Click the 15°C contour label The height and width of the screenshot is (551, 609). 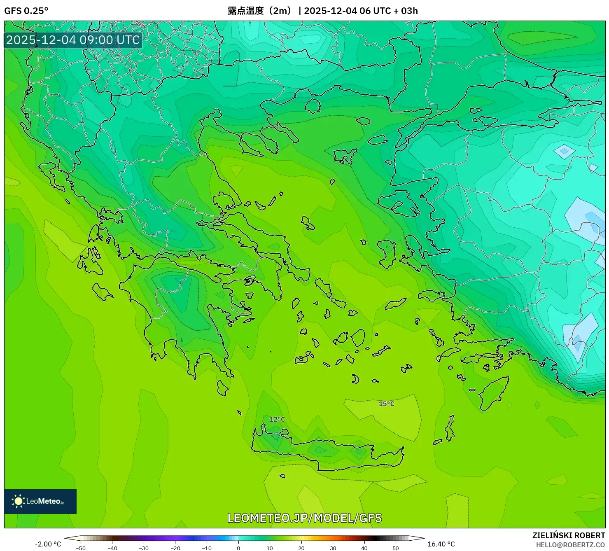[x=386, y=404]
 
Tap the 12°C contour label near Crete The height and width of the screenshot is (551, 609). [x=277, y=419]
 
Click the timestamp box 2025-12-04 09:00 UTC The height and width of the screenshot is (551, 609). [x=73, y=40]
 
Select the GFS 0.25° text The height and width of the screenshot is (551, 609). [x=26, y=11]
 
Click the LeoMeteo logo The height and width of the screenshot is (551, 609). [x=40, y=501]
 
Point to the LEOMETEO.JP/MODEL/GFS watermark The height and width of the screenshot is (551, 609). [x=304, y=518]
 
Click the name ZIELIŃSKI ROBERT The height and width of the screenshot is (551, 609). [x=568, y=535]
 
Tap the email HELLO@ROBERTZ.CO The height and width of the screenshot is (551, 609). [x=570, y=545]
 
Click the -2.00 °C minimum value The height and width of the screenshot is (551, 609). [x=48, y=544]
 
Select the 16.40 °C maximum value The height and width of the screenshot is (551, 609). [x=441, y=544]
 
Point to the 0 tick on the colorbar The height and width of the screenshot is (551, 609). [x=238, y=548]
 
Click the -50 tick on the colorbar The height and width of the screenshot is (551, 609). [x=81, y=548]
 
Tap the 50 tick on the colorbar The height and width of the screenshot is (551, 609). [x=396, y=548]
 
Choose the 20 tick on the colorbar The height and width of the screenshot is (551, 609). [x=301, y=548]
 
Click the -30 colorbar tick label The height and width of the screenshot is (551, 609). [x=144, y=548]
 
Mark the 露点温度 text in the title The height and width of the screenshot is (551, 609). [x=246, y=11]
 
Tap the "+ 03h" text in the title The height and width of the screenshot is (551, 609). [x=406, y=11]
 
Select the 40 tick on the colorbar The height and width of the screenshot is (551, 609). [x=364, y=548]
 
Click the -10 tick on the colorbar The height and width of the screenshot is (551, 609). [x=207, y=548]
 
